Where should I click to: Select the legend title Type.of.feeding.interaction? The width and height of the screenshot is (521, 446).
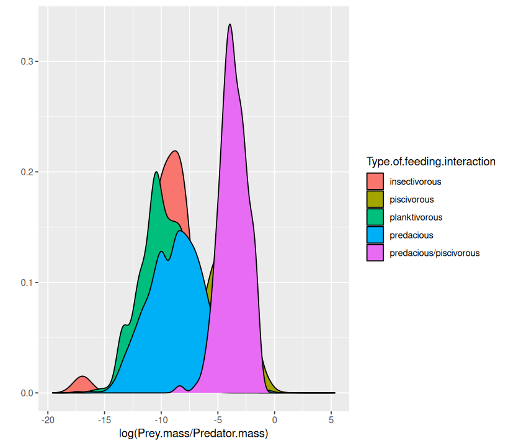430,162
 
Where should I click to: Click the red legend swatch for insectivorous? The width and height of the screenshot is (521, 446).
375,181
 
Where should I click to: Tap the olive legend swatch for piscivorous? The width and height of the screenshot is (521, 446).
375,199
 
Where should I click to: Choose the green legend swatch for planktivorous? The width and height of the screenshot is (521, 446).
375,217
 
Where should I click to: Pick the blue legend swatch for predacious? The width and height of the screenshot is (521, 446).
375,235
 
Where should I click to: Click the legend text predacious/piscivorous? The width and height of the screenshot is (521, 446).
434,253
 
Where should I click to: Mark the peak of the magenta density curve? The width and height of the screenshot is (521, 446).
230,25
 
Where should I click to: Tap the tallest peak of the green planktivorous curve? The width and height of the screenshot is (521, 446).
156,172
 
